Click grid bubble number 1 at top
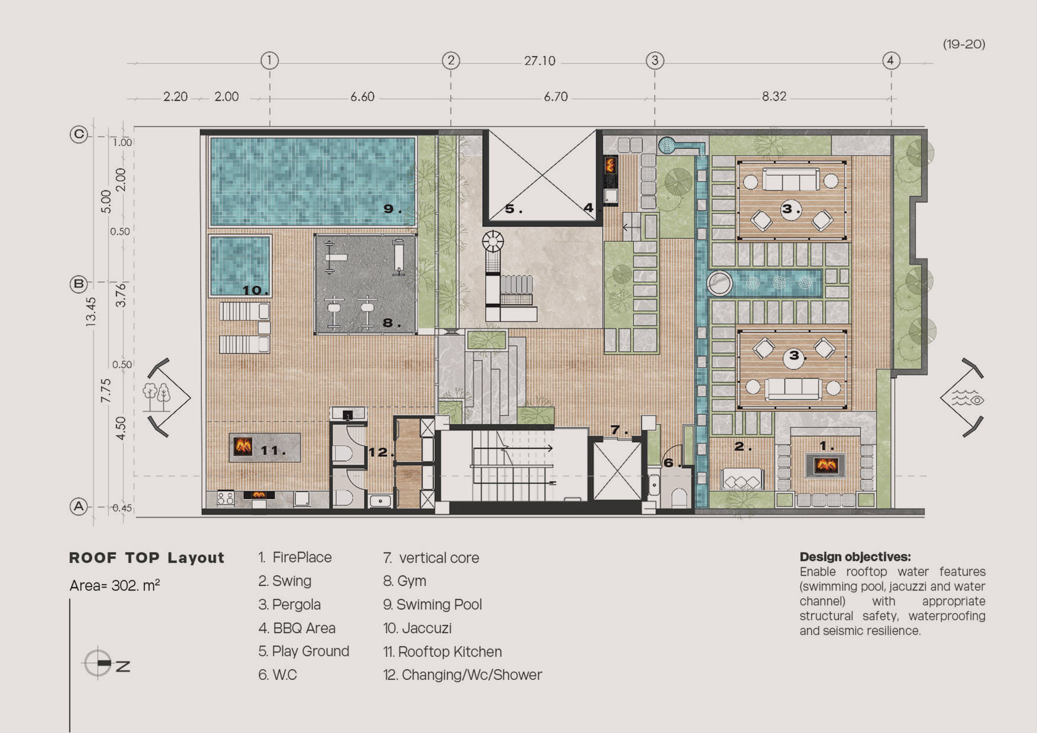coord(270,60)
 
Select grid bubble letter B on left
coord(79,284)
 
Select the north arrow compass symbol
coord(98,663)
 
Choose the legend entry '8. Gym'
coord(404,581)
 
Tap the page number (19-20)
coord(964,44)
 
